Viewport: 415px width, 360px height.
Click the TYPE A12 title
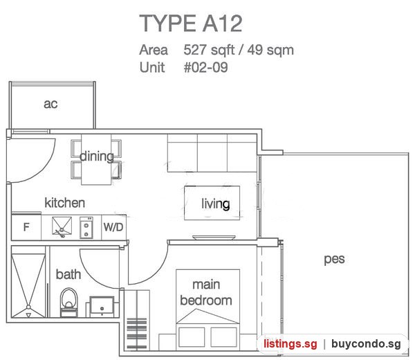[191, 24]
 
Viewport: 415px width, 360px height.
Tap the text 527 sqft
[209, 50]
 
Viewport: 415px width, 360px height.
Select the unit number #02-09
[206, 67]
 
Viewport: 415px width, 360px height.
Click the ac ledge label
[50, 104]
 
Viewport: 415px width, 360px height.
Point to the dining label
[97, 156]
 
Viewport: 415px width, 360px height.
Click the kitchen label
[65, 203]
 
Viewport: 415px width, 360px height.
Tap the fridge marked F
[26, 227]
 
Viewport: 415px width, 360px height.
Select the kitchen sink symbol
[62, 226]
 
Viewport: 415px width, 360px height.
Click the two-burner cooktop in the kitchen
[86, 228]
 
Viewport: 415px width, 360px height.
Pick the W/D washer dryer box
[114, 227]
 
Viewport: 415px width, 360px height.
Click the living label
[215, 204]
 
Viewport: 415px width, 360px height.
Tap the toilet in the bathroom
[68, 303]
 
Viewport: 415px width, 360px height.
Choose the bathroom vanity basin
[102, 307]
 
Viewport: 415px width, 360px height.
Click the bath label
[68, 274]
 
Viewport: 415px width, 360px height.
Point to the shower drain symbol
[28, 307]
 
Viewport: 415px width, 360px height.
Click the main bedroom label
[206, 292]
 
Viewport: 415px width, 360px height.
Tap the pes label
[334, 259]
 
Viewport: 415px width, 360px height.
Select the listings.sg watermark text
[290, 344]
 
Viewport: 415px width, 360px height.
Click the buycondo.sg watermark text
[366, 344]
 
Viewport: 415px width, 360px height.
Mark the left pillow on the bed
[192, 337]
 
